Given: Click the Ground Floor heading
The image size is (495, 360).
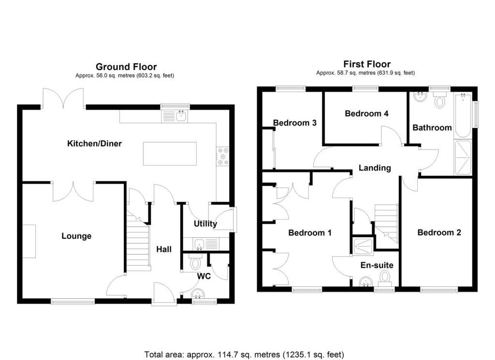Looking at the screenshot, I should [126, 67].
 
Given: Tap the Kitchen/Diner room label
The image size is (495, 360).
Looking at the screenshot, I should [94, 144].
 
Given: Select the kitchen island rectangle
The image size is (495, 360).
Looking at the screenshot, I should [169, 154].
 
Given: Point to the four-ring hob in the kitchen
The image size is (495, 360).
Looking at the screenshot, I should [223, 156].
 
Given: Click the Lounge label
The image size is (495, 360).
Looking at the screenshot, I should [76, 236].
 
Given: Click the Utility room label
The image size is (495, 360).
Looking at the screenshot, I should [205, 224].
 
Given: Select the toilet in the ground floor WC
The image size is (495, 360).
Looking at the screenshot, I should [196, 262].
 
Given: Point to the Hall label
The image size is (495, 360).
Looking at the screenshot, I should [164, 249].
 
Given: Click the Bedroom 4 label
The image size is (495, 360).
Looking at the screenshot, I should [366, 114].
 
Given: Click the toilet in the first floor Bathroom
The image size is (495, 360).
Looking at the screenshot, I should [439, 101].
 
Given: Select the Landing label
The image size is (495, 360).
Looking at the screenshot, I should [375, 168].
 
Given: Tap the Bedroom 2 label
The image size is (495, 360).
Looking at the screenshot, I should [439, 232].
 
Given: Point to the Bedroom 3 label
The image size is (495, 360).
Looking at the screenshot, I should [294, 123].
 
